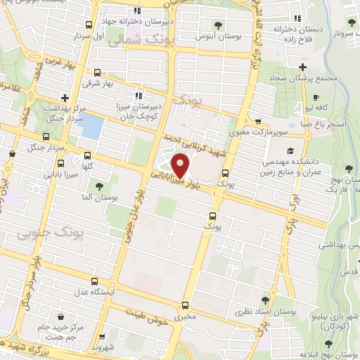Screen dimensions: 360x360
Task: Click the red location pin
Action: coord(181,165)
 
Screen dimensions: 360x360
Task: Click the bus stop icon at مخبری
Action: coord(185,305)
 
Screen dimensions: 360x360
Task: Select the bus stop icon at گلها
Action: coord(86,155)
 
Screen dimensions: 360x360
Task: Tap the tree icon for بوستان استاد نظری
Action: coord(251,290)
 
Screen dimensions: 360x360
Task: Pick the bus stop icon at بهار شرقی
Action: coord(96,72)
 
